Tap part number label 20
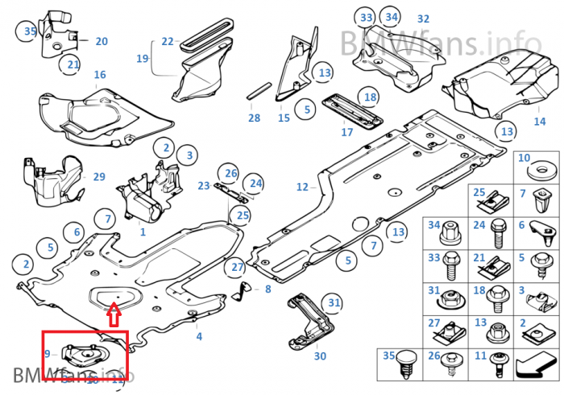coord(102,41)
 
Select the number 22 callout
coord(167,41)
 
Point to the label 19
coord(142,59)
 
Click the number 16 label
coord(100,75)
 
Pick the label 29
coord(99,177)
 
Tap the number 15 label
coord(284,118)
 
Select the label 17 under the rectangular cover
coord(346,131)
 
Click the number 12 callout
coord(302,187)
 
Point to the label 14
coord(539,122)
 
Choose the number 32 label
coord(423,19)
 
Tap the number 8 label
coord(268,288)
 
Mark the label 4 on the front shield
coord(199,336)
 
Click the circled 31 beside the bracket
coord(334,302)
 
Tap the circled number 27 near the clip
coord(237,268)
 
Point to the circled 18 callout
coord(369,98)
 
